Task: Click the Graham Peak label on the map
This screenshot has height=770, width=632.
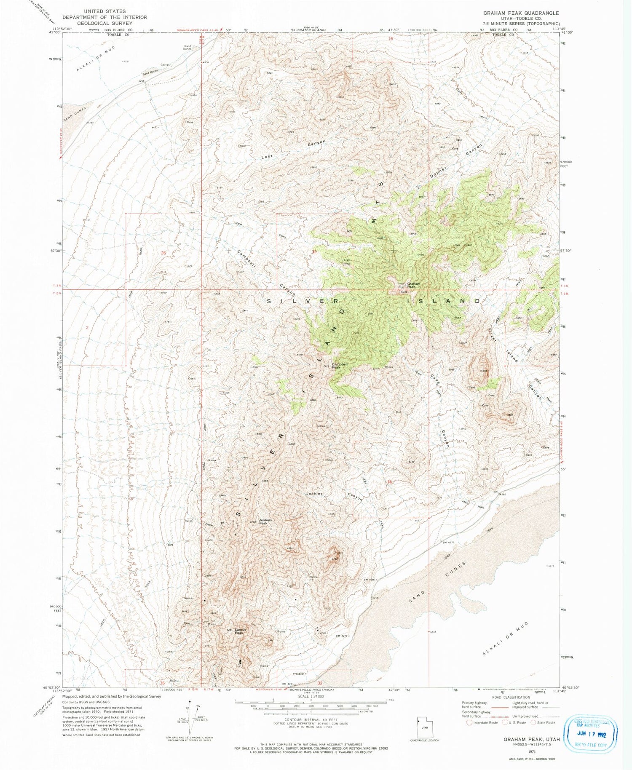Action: (413, 285)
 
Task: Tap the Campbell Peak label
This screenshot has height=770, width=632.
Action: (340, 365)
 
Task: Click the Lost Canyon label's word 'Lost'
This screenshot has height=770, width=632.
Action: (267, 156)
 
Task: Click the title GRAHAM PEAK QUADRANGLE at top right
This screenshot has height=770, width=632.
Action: (521, 13)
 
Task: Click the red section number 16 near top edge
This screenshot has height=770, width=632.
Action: (391, 39)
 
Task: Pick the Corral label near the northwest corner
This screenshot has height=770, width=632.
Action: (165, 65)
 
